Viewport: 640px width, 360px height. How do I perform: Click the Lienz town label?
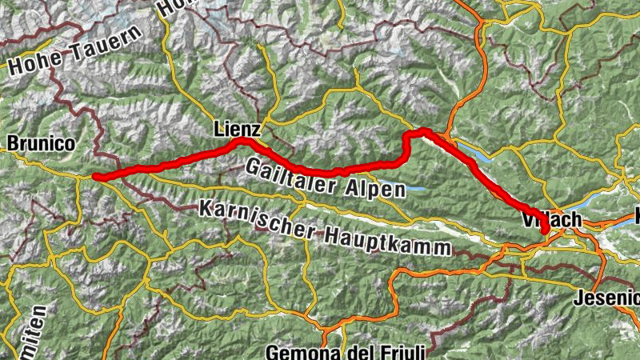[237, 129]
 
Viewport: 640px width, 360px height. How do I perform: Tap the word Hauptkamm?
[386, 240]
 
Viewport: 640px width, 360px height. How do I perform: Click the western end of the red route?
[94, 177]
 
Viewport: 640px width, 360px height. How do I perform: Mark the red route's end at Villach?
[546, 231]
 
